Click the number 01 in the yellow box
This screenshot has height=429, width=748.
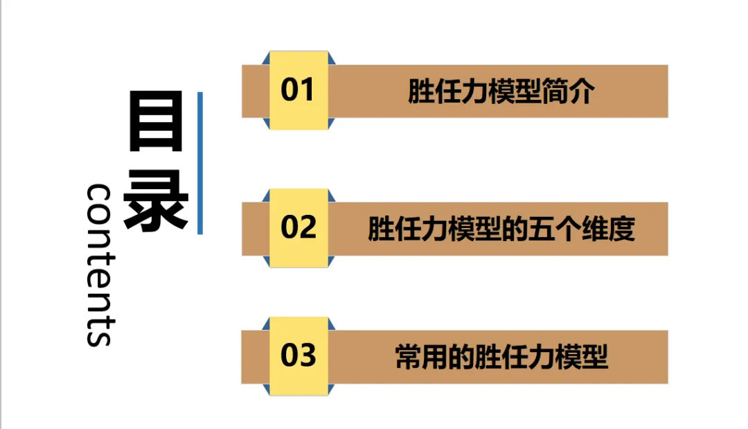point(298,90)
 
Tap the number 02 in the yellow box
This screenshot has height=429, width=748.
point(298,227)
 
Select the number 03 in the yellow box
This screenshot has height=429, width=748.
point(298,356)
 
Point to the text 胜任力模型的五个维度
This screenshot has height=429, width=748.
point(501,229)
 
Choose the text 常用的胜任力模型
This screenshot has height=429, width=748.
point(501,357)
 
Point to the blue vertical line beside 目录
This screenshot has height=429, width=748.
point(200,163)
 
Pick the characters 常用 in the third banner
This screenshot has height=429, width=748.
point(422,357)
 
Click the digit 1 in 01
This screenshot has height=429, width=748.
point(308,90)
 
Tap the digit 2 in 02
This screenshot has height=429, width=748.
point(307,227)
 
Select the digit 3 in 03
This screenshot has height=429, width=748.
point(307,356)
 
